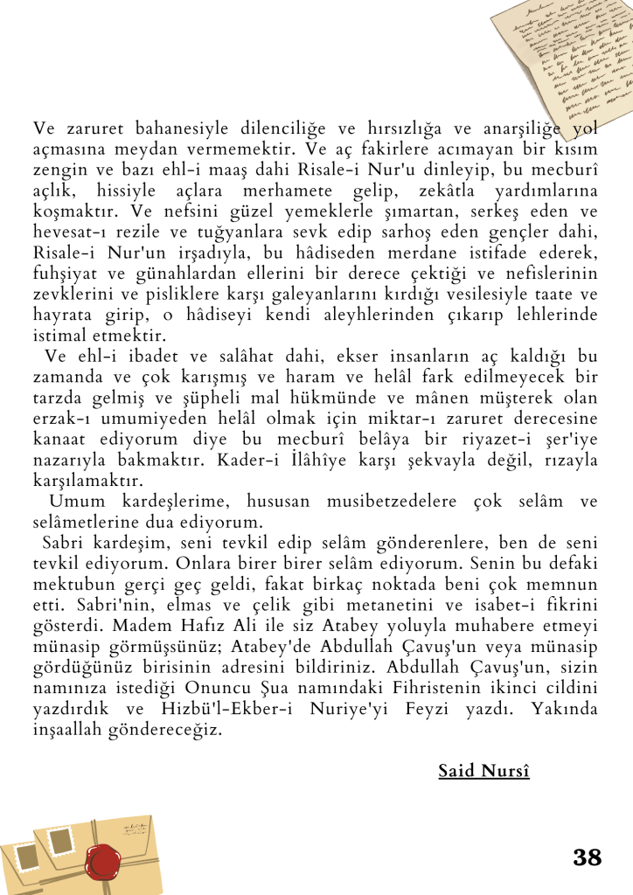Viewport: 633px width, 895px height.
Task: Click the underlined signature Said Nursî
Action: click(484, 770)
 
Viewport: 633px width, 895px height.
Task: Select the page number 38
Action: click(588, 857)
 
